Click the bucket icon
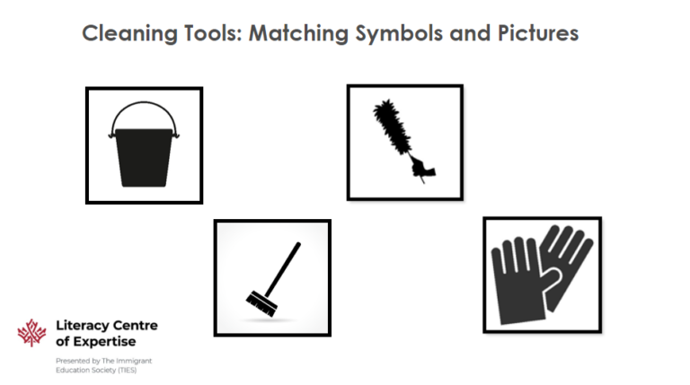pos(144,146)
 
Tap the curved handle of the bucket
pos(144,110)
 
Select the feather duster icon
pos(404,142)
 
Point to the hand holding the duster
pos(420,167)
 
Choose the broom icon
pos(272,277)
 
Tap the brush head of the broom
pos(261,301)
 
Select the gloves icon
pos(541,274)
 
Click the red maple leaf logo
pos(31,334)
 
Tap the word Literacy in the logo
pos(80,326)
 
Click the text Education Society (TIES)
pos(91,370)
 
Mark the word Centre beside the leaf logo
pos(134,326)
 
